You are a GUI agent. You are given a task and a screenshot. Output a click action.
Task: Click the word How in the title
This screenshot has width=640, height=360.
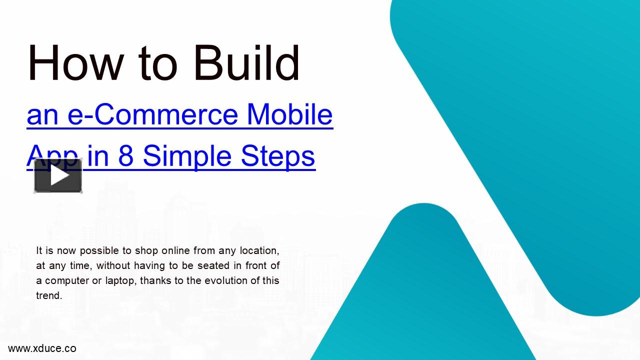75,63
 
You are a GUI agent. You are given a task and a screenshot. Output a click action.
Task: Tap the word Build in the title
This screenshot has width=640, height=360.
246,63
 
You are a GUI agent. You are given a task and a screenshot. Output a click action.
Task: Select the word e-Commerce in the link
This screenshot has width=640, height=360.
152,114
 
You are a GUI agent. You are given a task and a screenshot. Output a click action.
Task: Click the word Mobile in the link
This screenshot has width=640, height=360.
289,114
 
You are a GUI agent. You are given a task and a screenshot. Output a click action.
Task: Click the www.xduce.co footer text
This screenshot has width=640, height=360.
42,348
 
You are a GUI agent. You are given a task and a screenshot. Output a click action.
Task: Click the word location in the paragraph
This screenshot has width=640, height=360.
259,250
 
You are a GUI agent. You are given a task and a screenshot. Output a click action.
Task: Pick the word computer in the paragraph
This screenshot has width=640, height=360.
66,280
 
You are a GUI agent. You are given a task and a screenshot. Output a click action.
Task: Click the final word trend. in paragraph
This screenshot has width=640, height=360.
49,295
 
